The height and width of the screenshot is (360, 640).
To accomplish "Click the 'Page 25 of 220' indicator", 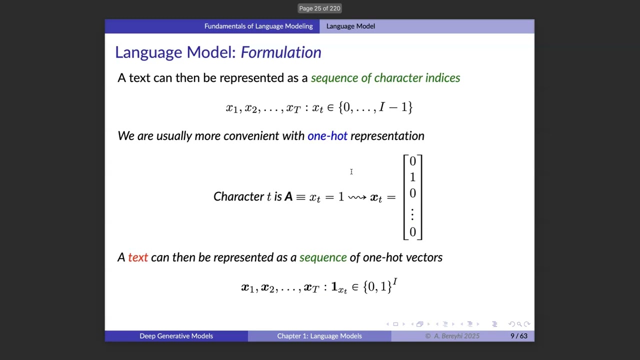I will [x=319, y=8].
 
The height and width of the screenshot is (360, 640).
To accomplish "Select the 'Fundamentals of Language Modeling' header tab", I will [x=258, y=26].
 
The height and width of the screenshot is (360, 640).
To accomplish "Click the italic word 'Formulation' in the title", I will [x=281, y=52].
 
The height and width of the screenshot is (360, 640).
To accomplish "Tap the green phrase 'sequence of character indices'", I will [x=385, y=78].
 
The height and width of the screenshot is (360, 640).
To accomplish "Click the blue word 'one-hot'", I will [x=327, y=136].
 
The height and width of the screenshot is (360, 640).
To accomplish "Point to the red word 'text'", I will [x=138, y=257].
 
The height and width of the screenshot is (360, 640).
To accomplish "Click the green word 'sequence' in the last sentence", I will [x=322, y=257].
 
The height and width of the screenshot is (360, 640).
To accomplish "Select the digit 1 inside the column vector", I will [x=412, y=177].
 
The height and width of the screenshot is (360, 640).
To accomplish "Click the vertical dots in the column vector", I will [x=412, y=214].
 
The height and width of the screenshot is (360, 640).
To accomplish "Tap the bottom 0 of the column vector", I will [x=412, y=232].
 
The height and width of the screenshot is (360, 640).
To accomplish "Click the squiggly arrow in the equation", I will [x=357, y=197].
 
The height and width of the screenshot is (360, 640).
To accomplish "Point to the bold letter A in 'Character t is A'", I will [x=288, y=197].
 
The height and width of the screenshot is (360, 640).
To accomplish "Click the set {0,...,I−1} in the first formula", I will [x=375, y=107].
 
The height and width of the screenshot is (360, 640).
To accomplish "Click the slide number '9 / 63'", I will [x=518, y=336].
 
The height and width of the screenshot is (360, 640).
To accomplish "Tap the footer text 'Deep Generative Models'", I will [x=176, y=336].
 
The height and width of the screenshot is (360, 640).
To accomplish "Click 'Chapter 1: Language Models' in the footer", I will [x=319, y=336].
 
